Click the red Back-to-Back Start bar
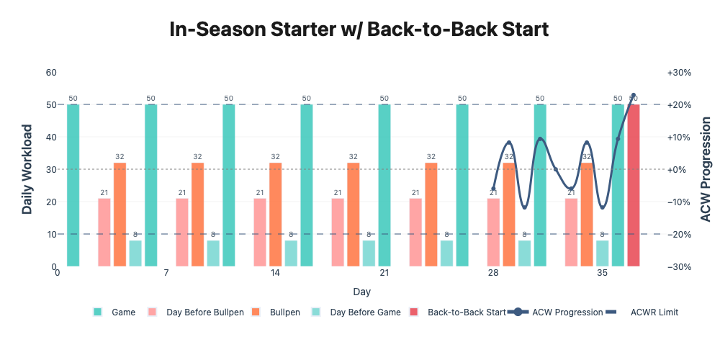pyautogui.click(x=633, y=186)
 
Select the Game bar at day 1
pyautogui.click(x=73, y=186)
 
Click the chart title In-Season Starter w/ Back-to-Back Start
pyautogui.click(x=359, y=30)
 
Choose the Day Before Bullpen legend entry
pyautogui.click(x=197, y=312)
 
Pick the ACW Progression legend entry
pyautogui.click(x=556, y=312)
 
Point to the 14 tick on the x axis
pyautogui.click(x=275, y=273)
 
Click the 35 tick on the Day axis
pyautogui.click(x=602, y=273)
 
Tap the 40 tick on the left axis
pyautogui.click(x=51, y=138)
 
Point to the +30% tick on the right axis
pyautogui.click(x=680, y=73)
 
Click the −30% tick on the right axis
pyautogui.click(x=680, y=267)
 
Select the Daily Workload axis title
pyautogui.click(x=27, y=169)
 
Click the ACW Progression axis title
pyautogui.click(x=706, y=169)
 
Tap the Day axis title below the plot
pyautogui.click(x=362, y=292)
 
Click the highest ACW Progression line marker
pyautogui.click(x=633, y=95)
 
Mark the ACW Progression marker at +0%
pyautogui.click(x=556, y=169)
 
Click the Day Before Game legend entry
pyautogui.click(x=356, y=312)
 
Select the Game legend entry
pyautogui.click(x=114, y=312)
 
